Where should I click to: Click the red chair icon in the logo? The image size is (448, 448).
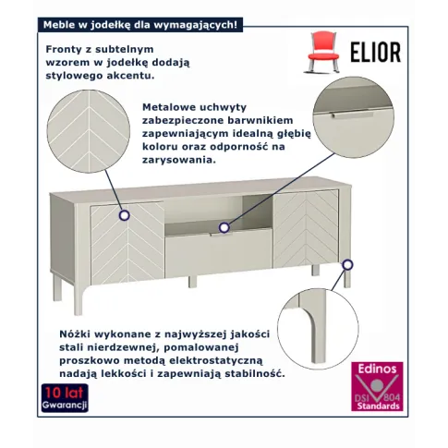pyautogui.click(x=322, y=52)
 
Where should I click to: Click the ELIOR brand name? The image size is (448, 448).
pyautogui.click(x=376, y=52)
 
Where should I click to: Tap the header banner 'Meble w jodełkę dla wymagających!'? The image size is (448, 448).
pyautogui.click(x=140, y=25)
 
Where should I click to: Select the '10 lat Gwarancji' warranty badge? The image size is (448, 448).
pyautogui.click(x=65, y=398)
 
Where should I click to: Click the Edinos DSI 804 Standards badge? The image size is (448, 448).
pyautogui.click(x=377, y=387)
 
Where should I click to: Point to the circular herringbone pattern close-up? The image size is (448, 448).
pyautogui.click(x=89, y=131)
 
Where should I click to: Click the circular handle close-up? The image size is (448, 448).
pyautogui.click(x=354, y=117)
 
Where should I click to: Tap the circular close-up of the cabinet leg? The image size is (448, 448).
pyautogui.click(x=318, y=329)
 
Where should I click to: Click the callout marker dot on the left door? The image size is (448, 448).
pyautogui.click(x=125, y=215)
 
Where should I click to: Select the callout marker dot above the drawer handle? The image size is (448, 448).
pyautogui.click(x=224, y=228)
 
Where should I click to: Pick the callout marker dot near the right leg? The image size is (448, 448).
pyautogui.click(x=347, y=265)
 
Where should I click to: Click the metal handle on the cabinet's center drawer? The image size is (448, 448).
pyautogui.click(x=221, y=235)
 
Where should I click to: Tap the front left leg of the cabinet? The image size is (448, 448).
pyautogui.click(x=79, y=299)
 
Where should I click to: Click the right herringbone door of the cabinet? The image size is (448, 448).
pyautogui.click(x=306, y=228)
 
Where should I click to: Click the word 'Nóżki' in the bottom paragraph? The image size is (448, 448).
pyautogui.click(x=75, y=333)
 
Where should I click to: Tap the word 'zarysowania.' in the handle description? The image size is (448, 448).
pyautogui.click(x=179, y=160)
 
